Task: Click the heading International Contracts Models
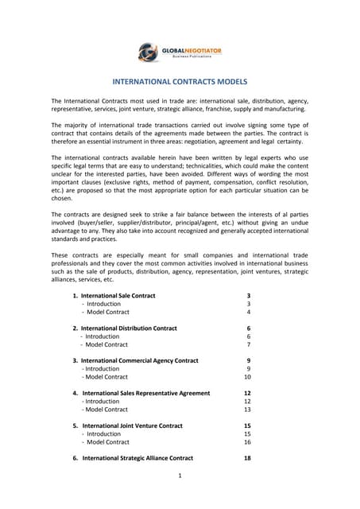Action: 180,82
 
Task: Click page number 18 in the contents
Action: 247,458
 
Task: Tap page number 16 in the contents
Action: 247,442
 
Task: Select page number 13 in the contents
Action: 247,410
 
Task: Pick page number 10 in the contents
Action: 247,377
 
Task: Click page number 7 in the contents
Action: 249,344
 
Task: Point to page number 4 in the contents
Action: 249,312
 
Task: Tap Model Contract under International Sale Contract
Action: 106,312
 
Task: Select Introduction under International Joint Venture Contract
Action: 103,434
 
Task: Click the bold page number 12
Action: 247,393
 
